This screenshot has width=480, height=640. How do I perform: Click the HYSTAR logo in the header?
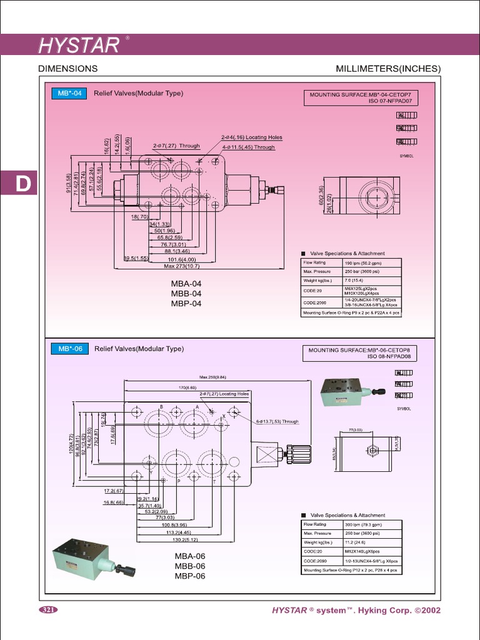click(x=79, y=45)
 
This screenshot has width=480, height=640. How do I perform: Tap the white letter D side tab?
click(x=22, y=184)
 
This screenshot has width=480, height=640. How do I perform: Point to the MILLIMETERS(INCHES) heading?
click(x=387, y=69)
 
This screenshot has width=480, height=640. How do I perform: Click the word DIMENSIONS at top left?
click(x=67, y=69)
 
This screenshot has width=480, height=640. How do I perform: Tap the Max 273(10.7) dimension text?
click(x=181, y=266)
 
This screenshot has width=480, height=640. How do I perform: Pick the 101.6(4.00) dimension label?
click(x=181, y=259)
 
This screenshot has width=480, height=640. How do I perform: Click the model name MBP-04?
click(x=186, y=304)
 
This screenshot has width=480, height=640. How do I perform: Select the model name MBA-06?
click(x=190, y=556)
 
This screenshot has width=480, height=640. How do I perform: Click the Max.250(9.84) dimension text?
click(x=212, y=377)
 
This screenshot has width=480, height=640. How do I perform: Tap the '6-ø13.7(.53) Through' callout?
click(x=277, y=422)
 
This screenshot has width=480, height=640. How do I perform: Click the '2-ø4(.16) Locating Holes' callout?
click(x=251, y=137)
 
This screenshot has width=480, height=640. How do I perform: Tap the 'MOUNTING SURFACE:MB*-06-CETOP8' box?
click(x=361, y=354)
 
